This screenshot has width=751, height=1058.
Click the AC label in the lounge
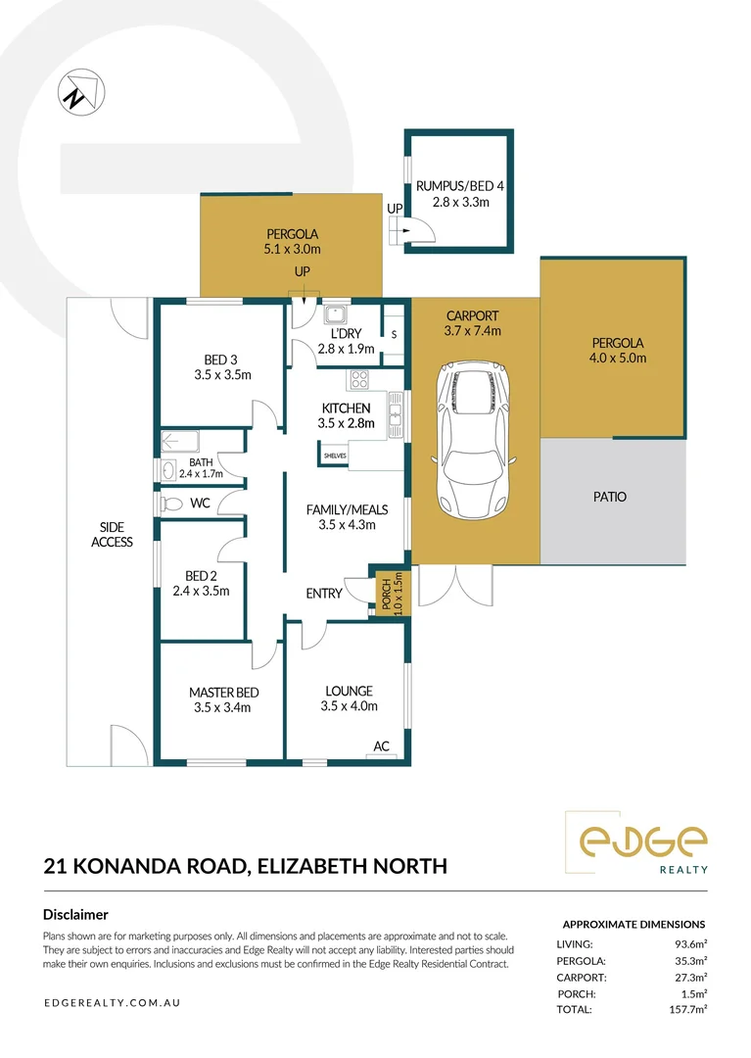pyautogui.click(x=382, y=746)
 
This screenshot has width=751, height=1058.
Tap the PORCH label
pyautogui.click(x=385, y=592)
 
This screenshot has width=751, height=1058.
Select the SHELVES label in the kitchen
pyautogui.click(x=335, y=456)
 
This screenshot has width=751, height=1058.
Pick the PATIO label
pyautogui.click(x=609, y=497)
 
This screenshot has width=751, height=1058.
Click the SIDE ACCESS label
pyautogui.click(x=112, y=535)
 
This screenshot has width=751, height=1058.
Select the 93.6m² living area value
pyautogui.click(x=690, y=944)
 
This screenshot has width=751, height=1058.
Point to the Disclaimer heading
pyautogui.click(x=75, y=915)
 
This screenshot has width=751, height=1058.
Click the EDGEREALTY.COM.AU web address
pyautogui.click(x=112, y=1003)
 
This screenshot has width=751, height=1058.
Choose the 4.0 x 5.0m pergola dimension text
pyautogui.click(x=618, y=359)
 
